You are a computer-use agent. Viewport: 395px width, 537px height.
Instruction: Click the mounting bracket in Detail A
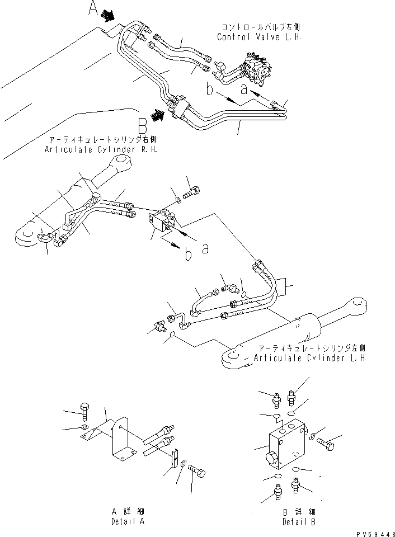tap(120, 442)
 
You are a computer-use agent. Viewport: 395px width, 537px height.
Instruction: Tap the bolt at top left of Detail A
tap(84, 412)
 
